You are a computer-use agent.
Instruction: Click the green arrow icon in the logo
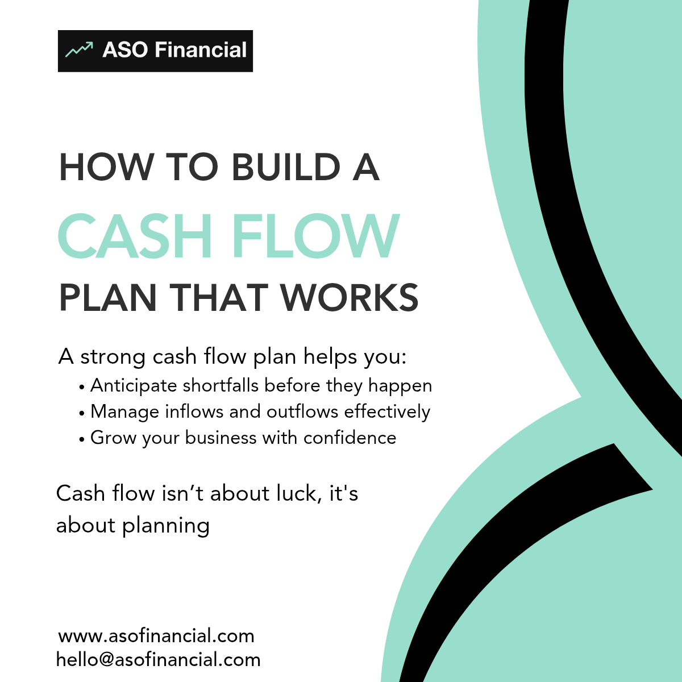(79, 49)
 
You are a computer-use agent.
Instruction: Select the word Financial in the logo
(201, 49)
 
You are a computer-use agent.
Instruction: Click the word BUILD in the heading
(286, 167)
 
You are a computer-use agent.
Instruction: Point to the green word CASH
(135, 236)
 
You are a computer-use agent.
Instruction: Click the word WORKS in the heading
(350, 297)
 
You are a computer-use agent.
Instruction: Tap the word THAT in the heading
(218, 297)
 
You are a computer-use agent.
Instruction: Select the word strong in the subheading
(113, 357)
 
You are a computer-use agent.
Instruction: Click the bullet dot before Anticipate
(82, 388)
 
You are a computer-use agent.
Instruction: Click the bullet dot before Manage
(82, 413)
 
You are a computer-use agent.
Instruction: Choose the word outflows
(302, 411)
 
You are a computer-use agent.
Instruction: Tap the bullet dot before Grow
(82, 439)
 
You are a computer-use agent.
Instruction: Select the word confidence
(350, 438)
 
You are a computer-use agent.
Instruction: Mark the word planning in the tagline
(166, 526)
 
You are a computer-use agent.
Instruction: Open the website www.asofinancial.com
(156, 636)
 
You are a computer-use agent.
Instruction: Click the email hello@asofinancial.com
(158, 660)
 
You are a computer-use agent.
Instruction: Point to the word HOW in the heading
(106, 167)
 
